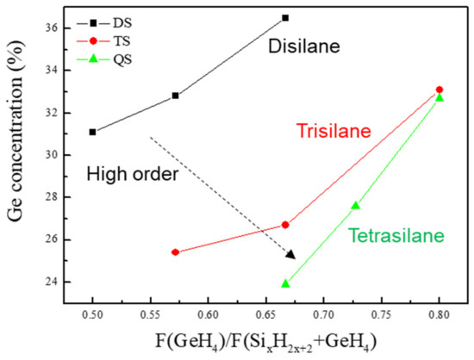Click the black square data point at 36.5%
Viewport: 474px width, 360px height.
pyautogui.click(x=285, y=17)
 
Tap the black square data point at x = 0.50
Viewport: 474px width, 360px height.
pyautogui.click(x=93, y=132)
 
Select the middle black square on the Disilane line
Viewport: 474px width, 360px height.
pyautogui.click(x=176, y=96)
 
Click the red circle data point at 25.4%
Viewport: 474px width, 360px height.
pyautogui.click(x=176, y=252)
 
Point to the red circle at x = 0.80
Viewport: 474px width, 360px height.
pyautogui.click(x=440, y=90)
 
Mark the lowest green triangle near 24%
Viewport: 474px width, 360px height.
pyautogui.click(x=285, y=283)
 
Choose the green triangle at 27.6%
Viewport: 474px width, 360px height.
pyautogui.click(x=356, y=205)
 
